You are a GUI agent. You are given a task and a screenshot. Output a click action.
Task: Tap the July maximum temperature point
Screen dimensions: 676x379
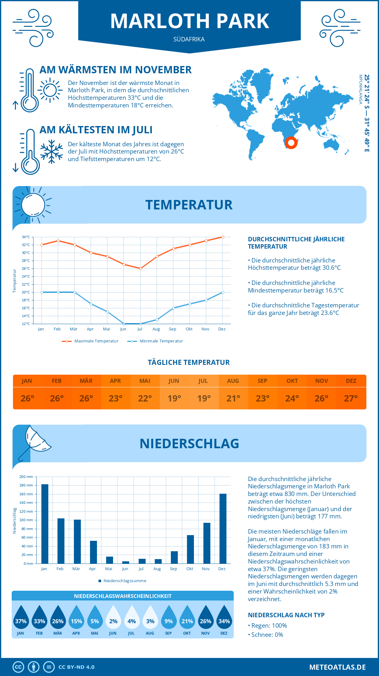click(x=141, y=269)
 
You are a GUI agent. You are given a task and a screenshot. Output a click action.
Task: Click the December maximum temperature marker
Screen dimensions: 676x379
click(x=223, y=237)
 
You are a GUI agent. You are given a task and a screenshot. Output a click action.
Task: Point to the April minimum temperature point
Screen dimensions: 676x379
click(x=91, y=304)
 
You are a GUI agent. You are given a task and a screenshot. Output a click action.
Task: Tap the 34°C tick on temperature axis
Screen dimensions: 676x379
click(x=26, y=237)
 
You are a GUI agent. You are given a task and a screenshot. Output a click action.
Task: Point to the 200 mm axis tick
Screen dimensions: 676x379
click(x=26, y=477)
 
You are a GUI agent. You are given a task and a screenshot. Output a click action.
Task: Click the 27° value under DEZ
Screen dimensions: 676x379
click(x=351, y=398)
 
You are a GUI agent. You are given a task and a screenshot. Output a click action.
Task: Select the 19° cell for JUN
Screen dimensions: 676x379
click(x=174, y=398)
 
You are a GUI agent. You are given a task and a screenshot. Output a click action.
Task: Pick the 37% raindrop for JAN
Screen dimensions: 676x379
click(x=21, y=617)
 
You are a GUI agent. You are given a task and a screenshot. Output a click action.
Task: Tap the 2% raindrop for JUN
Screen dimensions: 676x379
click(x=113, y=617)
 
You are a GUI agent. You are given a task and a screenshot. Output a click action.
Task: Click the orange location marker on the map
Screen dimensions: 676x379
click(x=291, y=143)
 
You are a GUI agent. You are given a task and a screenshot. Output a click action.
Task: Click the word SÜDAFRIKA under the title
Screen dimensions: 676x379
click(x=189, y=39)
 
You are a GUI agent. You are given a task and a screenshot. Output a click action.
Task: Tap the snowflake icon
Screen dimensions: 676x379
click(x=51, y=152)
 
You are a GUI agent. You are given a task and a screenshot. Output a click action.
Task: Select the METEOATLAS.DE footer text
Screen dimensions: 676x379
click(x=337, y=667)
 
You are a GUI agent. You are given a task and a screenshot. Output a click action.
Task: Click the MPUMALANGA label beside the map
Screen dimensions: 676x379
click(x=360, y=89)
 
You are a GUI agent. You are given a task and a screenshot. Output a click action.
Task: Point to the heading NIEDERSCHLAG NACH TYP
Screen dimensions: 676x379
click(x=286, y=615)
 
